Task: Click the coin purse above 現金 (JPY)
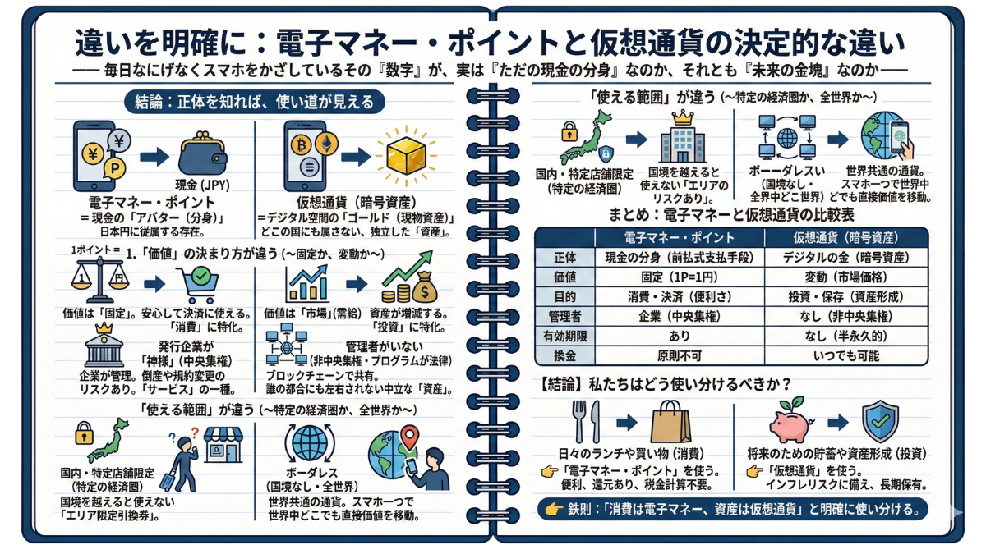click(x=202, y=154)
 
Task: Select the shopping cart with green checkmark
click(x=198, y=285)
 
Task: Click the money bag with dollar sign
click(x=424, y=287)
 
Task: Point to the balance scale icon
click(x=100, y=280)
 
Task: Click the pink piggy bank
click(x=790, y=423)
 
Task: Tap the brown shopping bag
click(x=670, y=421)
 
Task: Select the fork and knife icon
click(x=586, y=421)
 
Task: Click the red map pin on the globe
click(x=409, y=435)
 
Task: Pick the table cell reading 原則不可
click(x=680, y=355)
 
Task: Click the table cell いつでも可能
click(x=846, y=355)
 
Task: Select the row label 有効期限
click(x=564, y=337)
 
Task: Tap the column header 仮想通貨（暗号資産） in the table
click(x=846, y=238)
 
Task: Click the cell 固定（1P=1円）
click(x=680, y=277)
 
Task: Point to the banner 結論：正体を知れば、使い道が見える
click(x=255, y=102)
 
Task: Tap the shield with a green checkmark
click(x=880, y=421)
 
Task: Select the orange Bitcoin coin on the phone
click(x=301, y=144)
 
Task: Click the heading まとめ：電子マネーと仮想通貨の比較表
click(x=731, y=214)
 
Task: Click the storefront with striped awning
click(x=223, y=444)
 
